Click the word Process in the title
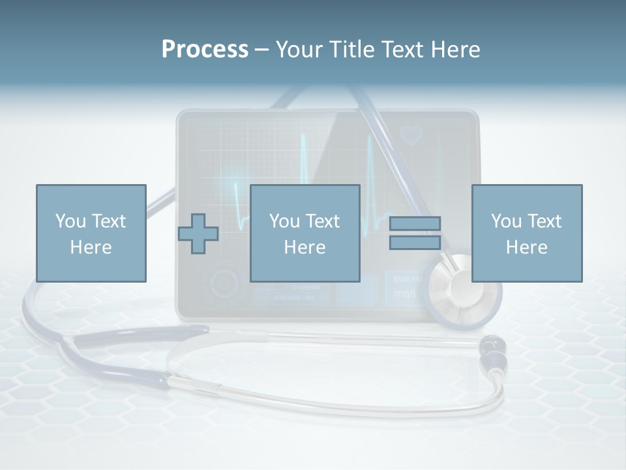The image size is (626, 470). click(x=205, y=49)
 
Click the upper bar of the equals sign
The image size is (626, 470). click(x=415, y=223)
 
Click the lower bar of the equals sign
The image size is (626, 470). click(x=415, y=242)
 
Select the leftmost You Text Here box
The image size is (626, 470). click(x=91, y=233)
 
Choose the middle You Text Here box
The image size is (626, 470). click(x=305, y=233)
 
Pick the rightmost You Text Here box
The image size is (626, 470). click(x=526, y=233)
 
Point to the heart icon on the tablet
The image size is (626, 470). click(x=411, y=135)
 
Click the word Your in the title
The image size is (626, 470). click(x=297, y=49)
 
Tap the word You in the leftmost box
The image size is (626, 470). click(x=70, y=221)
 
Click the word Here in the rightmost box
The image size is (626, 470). click(x=526, y=247)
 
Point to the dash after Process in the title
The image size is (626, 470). click(x=262, y=50)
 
